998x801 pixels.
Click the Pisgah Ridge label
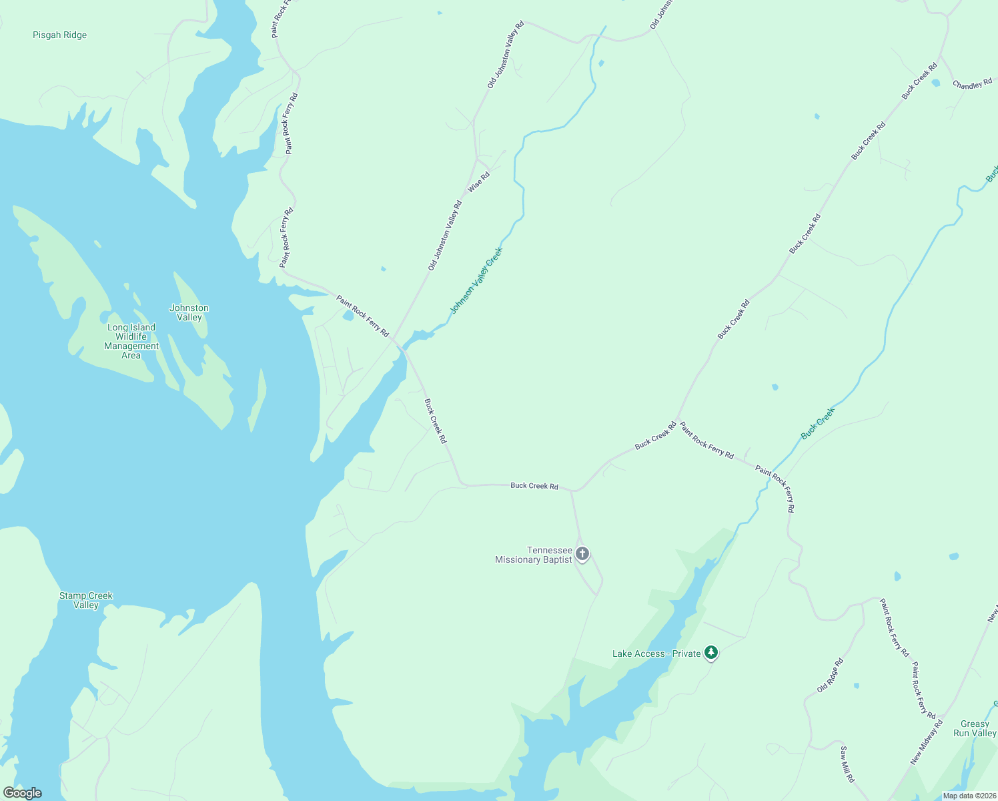(x=60, y=35)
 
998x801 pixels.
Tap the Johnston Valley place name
(x=189, y=312)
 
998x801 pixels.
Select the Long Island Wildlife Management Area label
(x=131, y=341)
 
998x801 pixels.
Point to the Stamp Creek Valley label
(x=86, y=600)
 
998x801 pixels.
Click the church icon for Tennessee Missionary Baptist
(x=582, y=554)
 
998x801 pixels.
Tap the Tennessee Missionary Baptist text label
(x=534, y=555)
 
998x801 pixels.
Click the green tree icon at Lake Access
(x=711, y=653)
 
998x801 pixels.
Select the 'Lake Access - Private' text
(x=656, y=653)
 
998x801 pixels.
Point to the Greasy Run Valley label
(x=975, y=728)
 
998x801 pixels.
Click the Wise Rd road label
(x=479, y=182)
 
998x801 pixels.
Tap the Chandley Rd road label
(x=972, y=85)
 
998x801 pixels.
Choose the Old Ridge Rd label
(x=831, y=675)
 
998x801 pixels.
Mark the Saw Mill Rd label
(x=847, y=764)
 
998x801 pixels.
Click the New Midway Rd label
(x=927, y=742)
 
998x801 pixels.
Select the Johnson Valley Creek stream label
(x=476, y=281)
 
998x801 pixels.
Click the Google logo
(x=22, y=793)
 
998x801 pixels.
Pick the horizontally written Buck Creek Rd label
(x=534, y=485)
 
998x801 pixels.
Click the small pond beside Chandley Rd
(x=935, y=83)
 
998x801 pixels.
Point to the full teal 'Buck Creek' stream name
(x=817, y=424)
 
